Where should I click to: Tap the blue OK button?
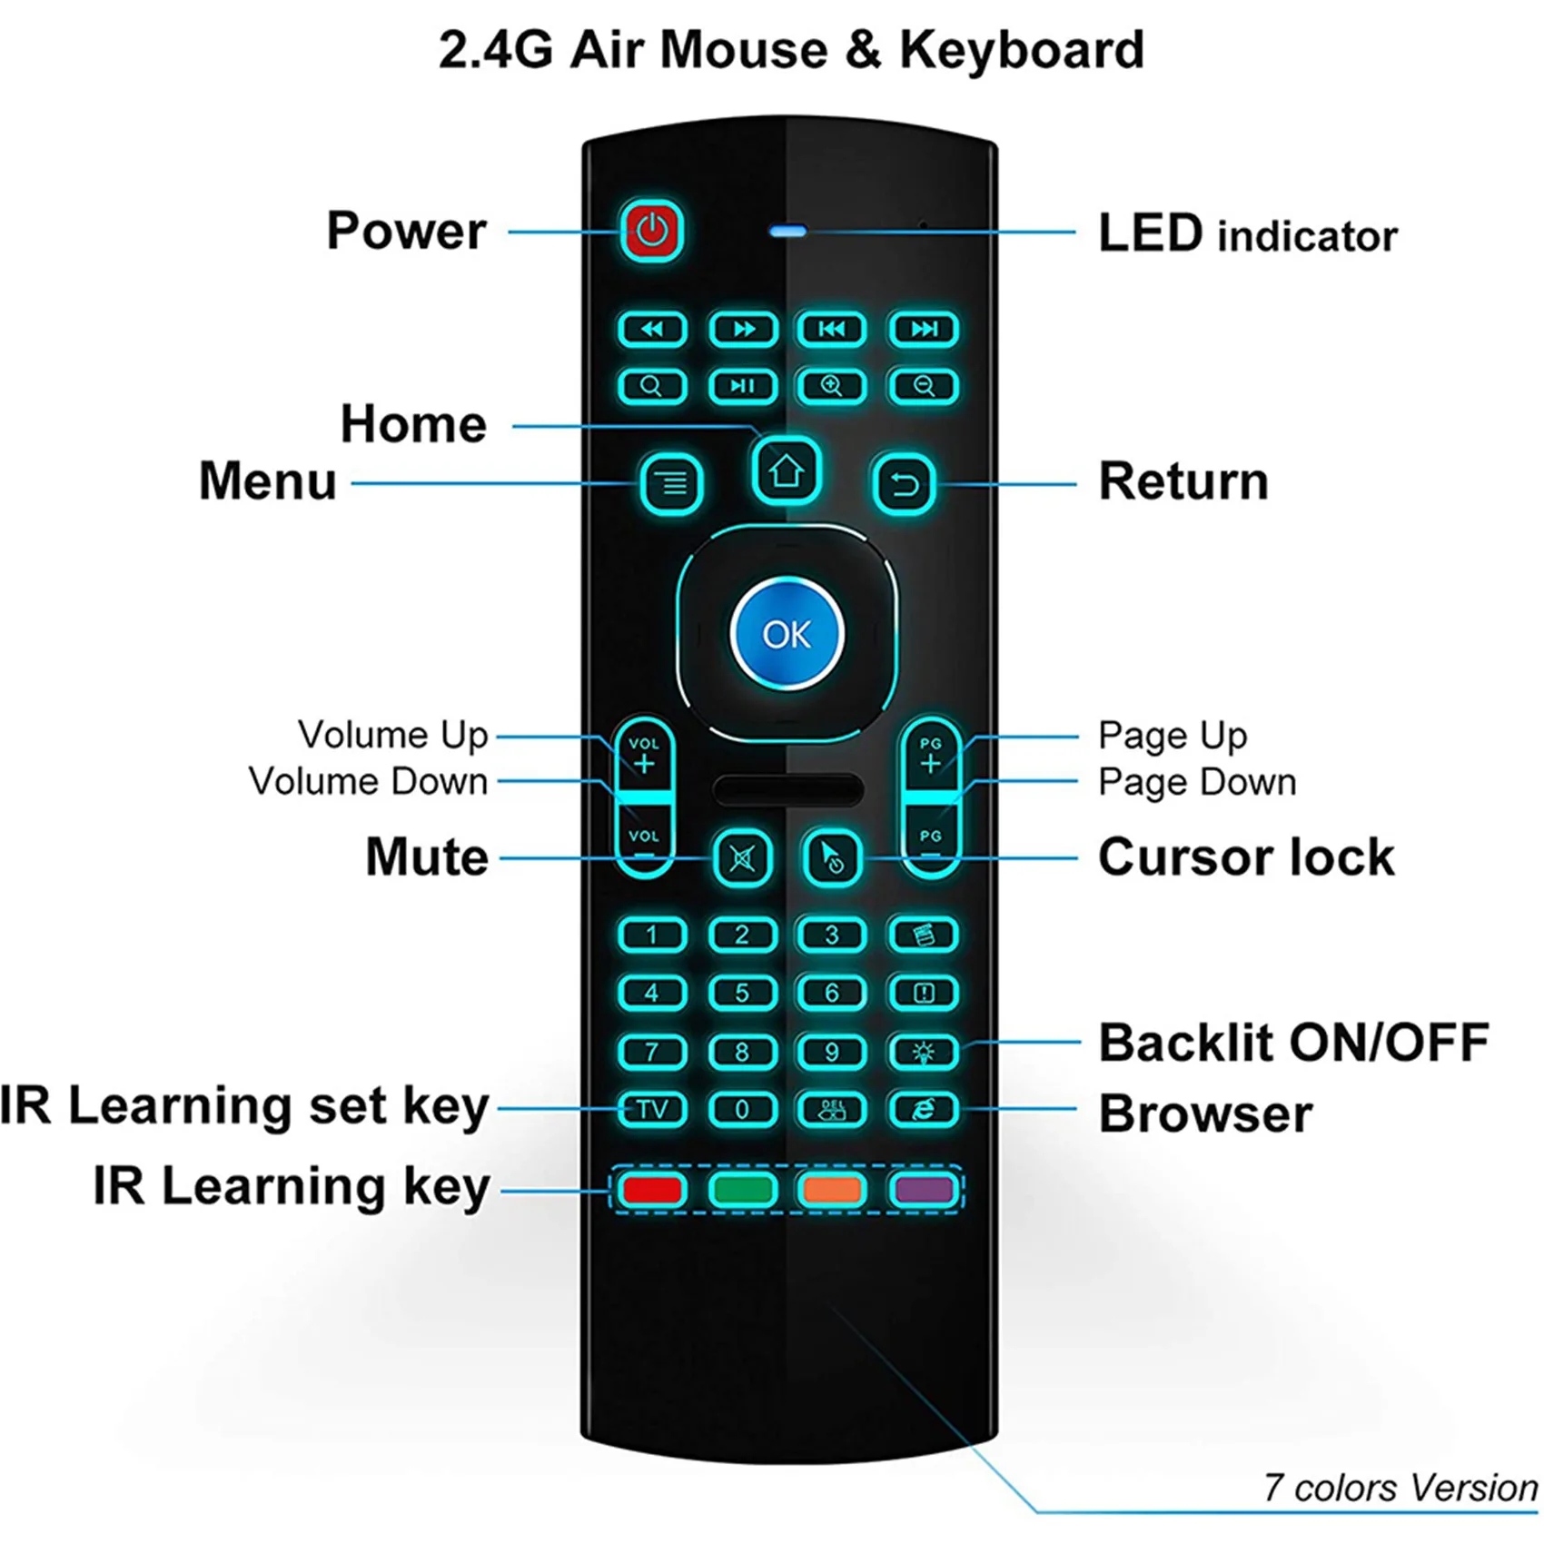(x=787, y=634)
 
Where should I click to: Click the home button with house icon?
(x=787, y=471)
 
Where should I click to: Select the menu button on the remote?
(x=672, y=483)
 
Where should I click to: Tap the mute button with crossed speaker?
(x=743, y=857)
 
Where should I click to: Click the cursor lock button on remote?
(x=832, y=857)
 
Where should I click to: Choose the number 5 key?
(x=742, y=993)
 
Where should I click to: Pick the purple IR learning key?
(x=924, y=1189)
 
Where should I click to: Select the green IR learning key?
(x=742, y=1189)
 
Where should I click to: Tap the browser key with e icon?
(x=923, y=1109)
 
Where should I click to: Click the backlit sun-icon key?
(x=923, y=1052)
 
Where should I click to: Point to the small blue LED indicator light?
(x=787, y=232)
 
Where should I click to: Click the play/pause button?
(x=742, y=386)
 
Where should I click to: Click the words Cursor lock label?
(x=1245, y=857)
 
